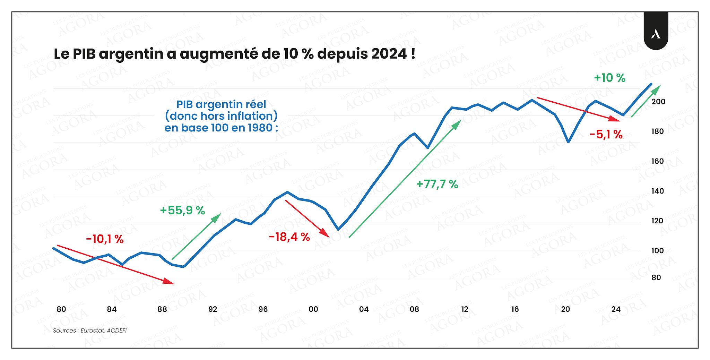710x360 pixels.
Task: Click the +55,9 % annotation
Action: pos(182,211)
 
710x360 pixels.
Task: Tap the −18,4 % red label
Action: pos(289,237)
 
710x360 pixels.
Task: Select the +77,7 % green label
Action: pos(437,184)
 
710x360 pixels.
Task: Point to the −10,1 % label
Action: pos(105,239)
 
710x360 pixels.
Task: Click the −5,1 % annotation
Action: pos(606,134)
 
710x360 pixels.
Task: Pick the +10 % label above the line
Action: pos(610,78)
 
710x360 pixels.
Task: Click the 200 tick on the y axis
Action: pos(658,102)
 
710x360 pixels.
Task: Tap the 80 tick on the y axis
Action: pos(656,277)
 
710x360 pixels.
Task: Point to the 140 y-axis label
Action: pos(658,191)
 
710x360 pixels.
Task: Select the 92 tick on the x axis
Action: pos(213,309)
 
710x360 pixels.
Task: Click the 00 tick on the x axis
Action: pos(313,309)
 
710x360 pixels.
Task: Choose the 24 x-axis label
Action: pos(616,309)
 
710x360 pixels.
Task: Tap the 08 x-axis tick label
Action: pos(414,309)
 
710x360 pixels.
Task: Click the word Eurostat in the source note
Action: pos(93,331)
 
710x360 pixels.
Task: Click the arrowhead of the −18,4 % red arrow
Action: pos(325,233)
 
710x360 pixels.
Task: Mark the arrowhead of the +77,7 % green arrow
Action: pos(457,125)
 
